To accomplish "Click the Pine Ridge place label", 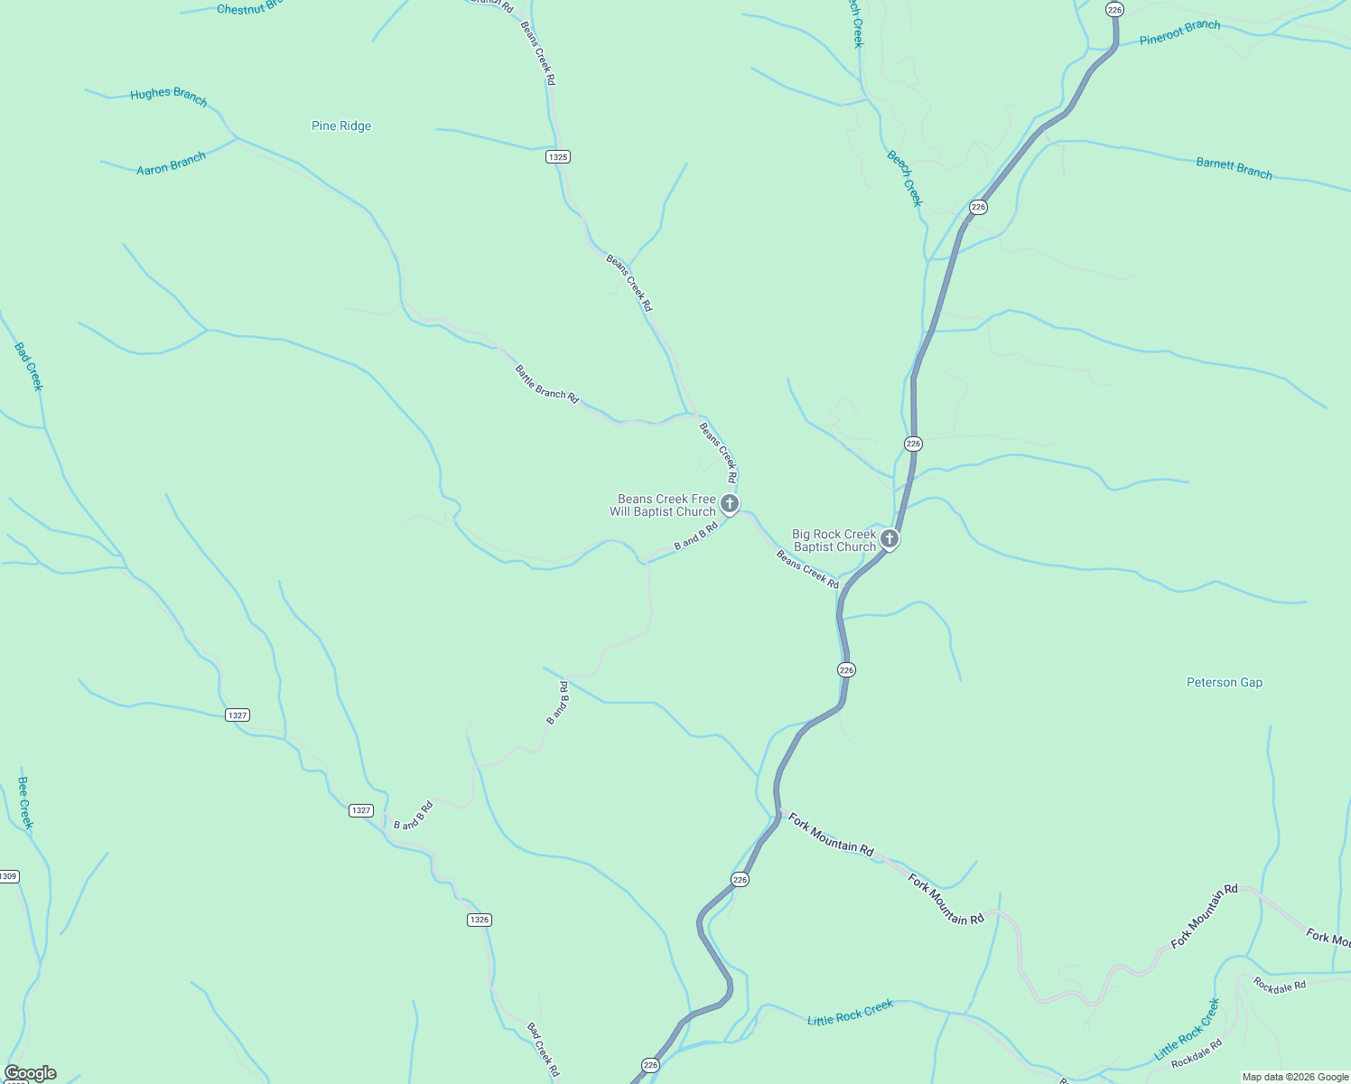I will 341,126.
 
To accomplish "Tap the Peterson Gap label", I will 1224,682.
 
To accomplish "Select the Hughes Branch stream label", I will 169,96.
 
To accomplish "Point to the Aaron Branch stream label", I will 171,164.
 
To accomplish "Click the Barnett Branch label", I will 1234,168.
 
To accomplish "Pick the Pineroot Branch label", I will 1179,33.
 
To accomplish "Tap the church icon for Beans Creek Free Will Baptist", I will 730,503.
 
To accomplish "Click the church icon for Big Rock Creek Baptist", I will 890,539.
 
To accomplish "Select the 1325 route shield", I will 558,157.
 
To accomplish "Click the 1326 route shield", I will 480,920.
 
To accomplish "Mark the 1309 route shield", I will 8,876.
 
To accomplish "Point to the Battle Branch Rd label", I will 546,384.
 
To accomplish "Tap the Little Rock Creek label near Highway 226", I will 850,1013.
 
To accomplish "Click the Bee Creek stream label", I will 25,802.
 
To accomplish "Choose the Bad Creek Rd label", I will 543,1050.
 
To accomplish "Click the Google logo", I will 31,1073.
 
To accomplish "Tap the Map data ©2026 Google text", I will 1295,1077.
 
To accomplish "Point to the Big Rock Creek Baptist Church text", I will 834,540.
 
